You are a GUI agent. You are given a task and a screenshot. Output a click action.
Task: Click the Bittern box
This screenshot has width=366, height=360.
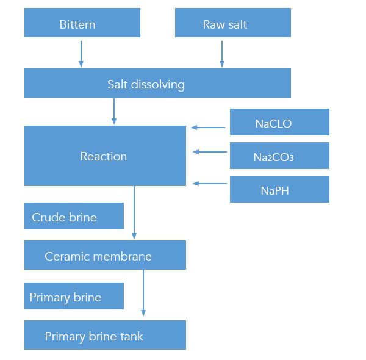(82, 23)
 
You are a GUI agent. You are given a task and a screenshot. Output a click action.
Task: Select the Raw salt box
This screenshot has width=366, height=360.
(232, 23)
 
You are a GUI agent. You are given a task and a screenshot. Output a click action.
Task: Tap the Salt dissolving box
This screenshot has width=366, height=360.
(157, 83)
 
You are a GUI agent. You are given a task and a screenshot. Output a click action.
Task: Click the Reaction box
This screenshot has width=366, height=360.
(105, 156)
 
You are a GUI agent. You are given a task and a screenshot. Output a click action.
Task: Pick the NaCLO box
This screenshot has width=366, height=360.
(279, 122)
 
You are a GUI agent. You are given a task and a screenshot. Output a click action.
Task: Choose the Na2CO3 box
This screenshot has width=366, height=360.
(279, 156)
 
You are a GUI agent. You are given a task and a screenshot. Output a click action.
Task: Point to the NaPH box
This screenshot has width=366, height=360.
(279, 189)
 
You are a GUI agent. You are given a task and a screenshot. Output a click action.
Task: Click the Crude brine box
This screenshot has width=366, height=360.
(74, 217)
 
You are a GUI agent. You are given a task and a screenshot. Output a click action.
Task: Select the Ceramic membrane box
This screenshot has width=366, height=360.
(105, 255)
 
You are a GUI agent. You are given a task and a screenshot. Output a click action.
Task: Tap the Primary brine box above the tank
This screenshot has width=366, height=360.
(74, 296)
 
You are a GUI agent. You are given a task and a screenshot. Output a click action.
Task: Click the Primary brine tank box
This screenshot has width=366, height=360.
(105, 335)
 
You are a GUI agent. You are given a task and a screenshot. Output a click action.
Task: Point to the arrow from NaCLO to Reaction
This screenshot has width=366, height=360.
(210, 128)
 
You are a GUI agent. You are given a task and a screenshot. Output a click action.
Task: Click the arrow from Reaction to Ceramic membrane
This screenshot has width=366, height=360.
(134, 214)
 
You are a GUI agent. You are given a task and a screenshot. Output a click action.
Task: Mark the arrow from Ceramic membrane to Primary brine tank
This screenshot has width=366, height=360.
(143, 293)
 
